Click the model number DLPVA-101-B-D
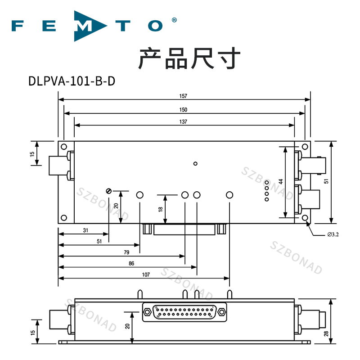72,81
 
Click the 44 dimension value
280,182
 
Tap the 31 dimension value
85,230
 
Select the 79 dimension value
126,252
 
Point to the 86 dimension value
131,263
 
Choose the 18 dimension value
160,209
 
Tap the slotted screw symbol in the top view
108,191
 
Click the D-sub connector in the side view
184,311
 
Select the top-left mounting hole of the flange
64,147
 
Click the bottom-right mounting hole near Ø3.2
306,218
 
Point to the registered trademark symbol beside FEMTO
174,20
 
